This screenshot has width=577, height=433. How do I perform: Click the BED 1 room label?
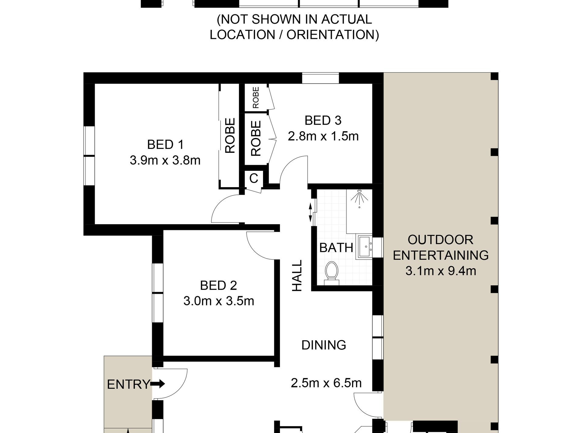[x=165, y=145]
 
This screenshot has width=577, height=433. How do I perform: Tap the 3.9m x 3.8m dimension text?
[x=165, y=160]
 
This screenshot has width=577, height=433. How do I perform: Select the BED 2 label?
[x=219, y=285]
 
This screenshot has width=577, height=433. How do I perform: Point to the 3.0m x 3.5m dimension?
[x=219, y=301]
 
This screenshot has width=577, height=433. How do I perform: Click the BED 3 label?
[x=323, y=121]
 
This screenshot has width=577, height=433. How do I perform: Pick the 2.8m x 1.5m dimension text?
[x=323, y=136]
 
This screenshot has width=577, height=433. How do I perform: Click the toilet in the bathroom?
[x=331, y=273]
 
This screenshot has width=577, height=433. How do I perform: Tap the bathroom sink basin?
[x=364, y=247]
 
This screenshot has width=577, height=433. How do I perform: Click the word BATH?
[x=336, y=248]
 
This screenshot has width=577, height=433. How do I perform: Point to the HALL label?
[x=297, y=276]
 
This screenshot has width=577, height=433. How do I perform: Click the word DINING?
[x=324, y=345]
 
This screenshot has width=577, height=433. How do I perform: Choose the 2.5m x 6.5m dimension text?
[x=326, y=383]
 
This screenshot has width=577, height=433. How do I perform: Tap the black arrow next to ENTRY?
[x=158, y=384]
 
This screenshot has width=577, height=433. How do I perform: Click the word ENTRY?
[x=128, y=384]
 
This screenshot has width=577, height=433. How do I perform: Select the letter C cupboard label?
[x=254, y=178]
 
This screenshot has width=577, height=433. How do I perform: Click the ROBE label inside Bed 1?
[x=230, y=136]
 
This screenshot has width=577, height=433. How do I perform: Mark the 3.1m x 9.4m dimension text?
[x=441, y=270]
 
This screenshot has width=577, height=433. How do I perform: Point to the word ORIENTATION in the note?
[x=333, y=35]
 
